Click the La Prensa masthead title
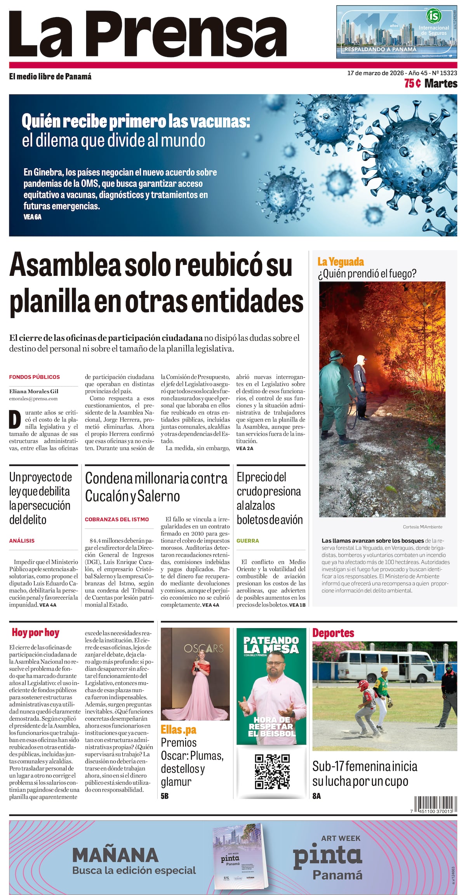tap(148, 34)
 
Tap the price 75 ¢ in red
tap(412, 84)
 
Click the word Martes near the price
tap(441, 84)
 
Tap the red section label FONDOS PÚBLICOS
tap(35, 377)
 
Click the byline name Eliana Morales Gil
tap(34, 391)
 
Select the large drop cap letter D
tap(15, 420)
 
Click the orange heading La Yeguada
tap(340, 261)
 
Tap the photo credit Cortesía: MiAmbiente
tap(423, 527)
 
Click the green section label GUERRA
tap(248, 540)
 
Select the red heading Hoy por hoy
tap(35, 632)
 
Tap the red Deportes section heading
tap(333, 633)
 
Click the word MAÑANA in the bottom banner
tap(115, 855)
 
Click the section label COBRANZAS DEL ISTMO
tap(117, 519)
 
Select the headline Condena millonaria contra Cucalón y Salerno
tap(156, 487)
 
